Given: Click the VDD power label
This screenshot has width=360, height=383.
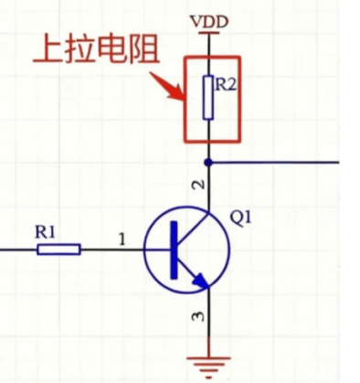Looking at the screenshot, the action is pos(209,22).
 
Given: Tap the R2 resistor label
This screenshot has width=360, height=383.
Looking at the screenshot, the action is pos(226,84).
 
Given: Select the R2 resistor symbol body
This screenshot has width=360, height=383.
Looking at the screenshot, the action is pos(208,98).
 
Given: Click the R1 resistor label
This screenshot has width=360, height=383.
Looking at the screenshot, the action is pos(45,232).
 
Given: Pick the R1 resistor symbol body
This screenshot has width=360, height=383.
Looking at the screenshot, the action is pos(58,250).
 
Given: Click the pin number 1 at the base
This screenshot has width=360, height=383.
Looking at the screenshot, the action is pos(122,239).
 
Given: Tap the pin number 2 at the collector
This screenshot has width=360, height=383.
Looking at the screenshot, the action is pos(199,185).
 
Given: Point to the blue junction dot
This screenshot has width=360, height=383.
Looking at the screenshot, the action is pos(208,163).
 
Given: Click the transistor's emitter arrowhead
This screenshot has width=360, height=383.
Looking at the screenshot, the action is pos(201,281).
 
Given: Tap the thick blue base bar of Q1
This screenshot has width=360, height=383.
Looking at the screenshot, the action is pos(174,250).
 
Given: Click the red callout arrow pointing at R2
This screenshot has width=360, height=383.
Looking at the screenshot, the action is pos(167,86).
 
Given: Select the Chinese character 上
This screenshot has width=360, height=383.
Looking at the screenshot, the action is pos(48,48).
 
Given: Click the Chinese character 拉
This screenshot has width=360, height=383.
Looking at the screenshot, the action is pos(79,48).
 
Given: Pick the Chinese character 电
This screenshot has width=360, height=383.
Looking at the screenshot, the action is pos(112,48).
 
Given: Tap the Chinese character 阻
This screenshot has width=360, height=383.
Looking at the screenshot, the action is pos(144,48).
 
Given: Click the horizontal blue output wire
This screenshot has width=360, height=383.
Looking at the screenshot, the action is pos(273,163).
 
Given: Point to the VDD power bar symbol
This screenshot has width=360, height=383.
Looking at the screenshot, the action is pos(208,33).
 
